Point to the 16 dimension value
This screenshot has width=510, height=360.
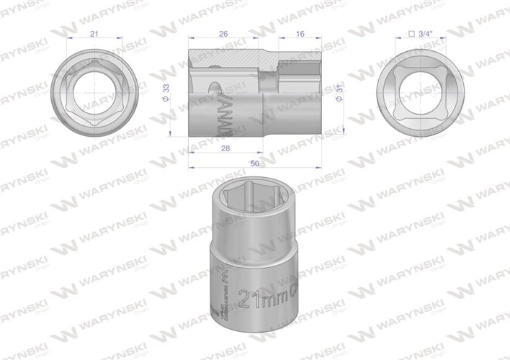tap(300, 34)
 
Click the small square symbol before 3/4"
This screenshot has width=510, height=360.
tap(411, 34)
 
